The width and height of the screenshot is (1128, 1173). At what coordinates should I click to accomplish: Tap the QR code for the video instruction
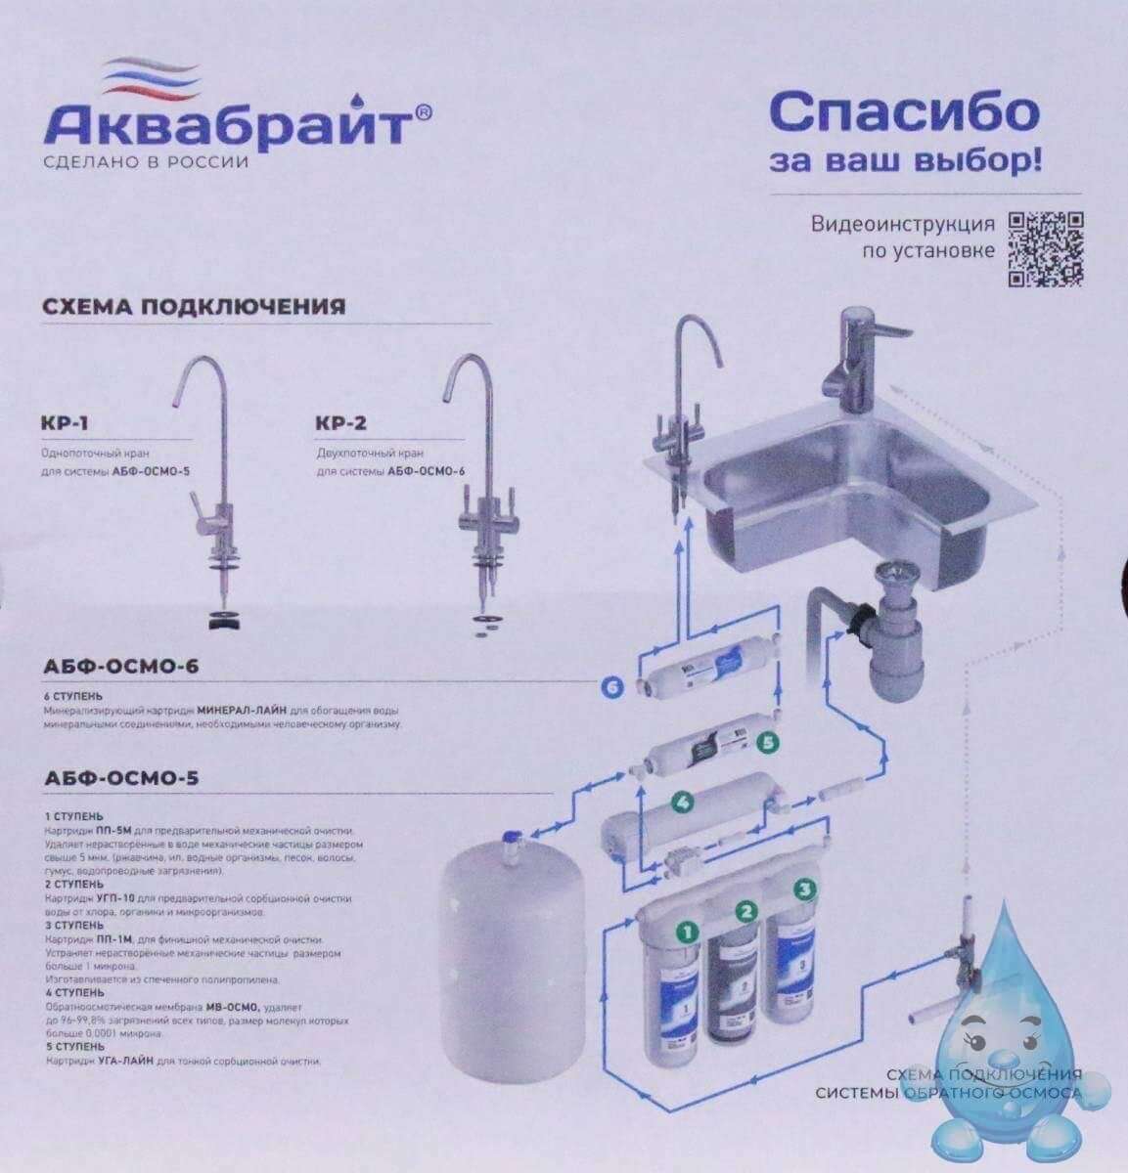(x=1045, y=249)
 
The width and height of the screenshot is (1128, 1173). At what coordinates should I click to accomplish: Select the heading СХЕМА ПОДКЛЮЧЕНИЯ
(x=194, y=307)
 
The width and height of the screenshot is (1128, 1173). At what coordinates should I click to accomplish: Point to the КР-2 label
(x=340, y=424)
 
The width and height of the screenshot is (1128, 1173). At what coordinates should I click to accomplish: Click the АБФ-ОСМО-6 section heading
(x=121, y=667)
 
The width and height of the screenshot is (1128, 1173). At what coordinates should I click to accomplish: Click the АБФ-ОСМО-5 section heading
(x=121, y=779)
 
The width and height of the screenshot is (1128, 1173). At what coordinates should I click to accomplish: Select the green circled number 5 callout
(x=768, y=742)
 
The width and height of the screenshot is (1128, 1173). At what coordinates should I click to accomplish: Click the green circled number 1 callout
(x=687, y=932)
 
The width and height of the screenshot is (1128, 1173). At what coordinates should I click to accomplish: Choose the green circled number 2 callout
(x=746, y=912)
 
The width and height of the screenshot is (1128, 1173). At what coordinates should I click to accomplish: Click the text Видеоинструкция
(x=902, y=224)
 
